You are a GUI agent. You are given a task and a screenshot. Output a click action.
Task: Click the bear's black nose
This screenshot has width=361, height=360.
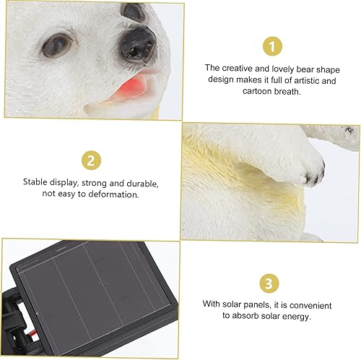coord(137,43)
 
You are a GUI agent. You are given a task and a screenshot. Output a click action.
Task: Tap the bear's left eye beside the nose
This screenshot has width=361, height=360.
coord(56,45)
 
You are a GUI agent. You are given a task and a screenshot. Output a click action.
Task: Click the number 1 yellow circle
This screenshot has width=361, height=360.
coord(271,46)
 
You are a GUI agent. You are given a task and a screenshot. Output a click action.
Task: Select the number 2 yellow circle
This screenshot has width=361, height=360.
coord(90,161)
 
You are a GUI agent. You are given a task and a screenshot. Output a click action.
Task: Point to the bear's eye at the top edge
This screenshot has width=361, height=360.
coord(134,9)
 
